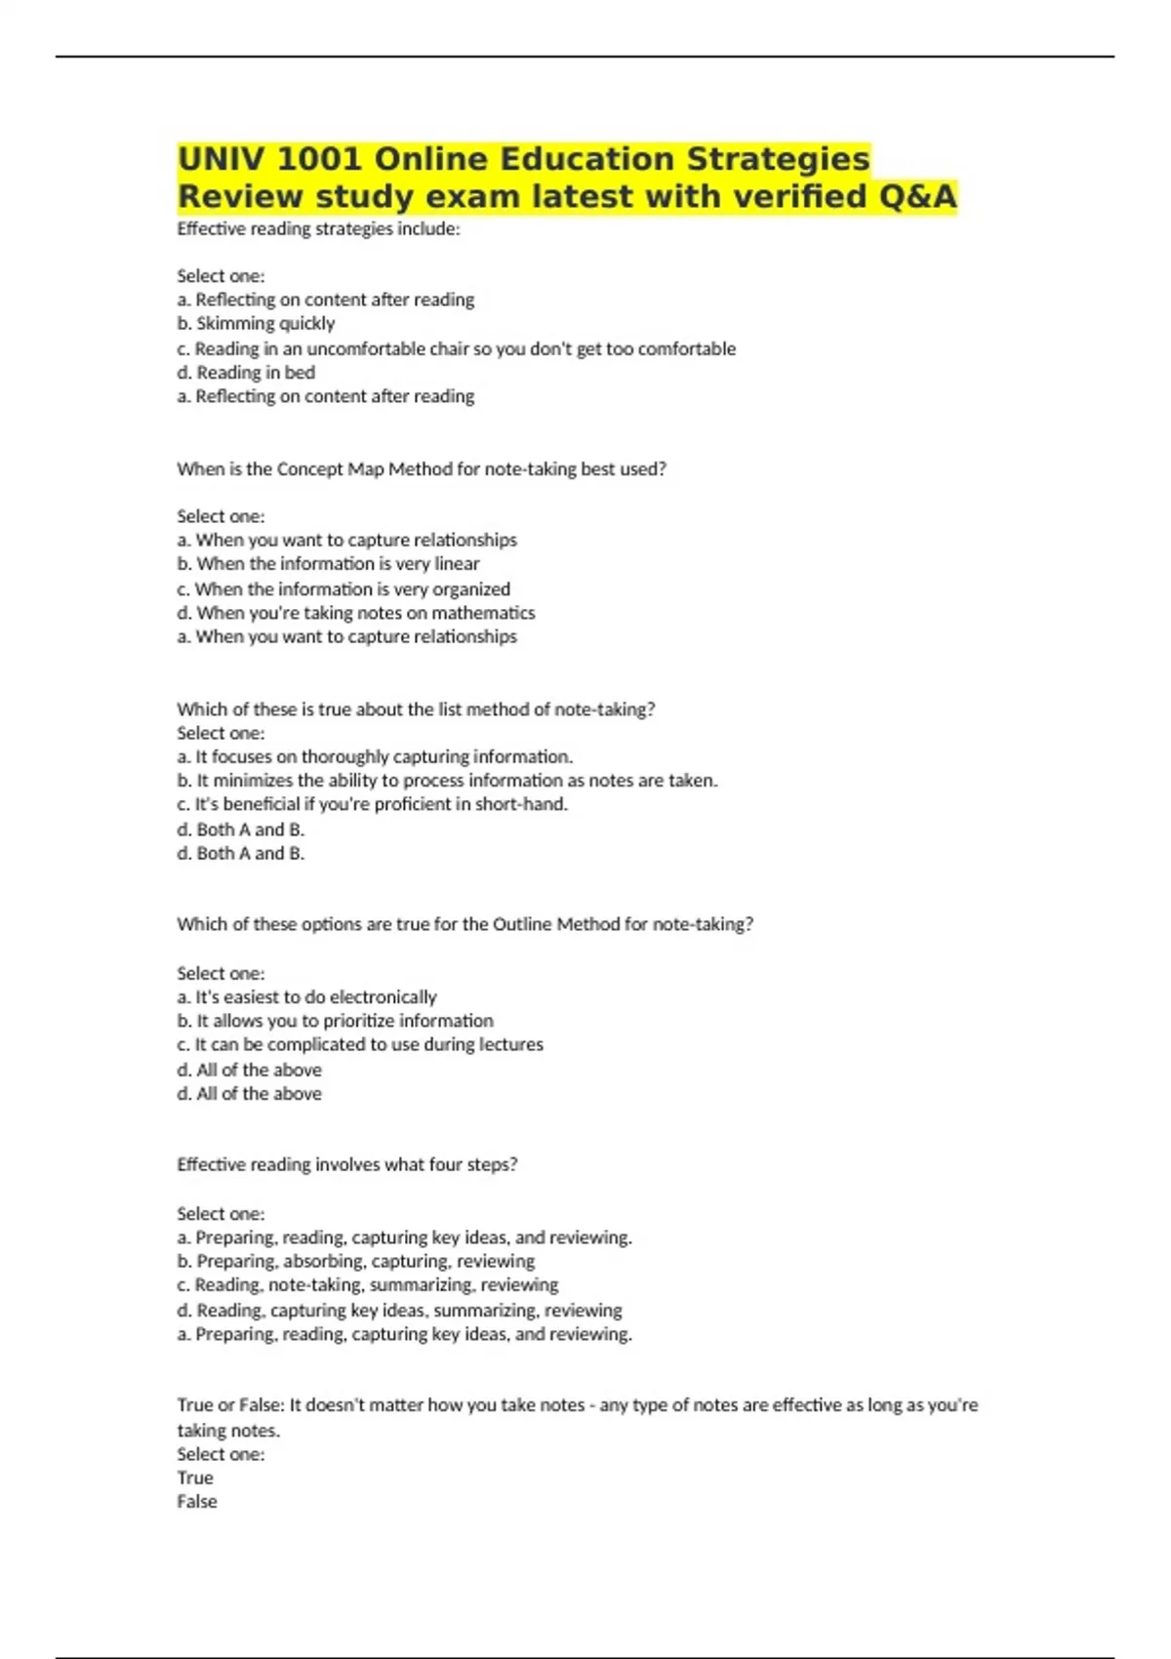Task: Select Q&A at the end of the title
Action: tap(917, 196)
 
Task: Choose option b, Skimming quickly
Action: tap(256, 323)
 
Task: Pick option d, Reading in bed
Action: tap(246, 372)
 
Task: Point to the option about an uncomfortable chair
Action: tap(456, 348)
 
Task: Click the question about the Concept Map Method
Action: tap(422, 468)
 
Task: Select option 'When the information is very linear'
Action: tap(328, 563)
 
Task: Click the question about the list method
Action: tap(416, 709)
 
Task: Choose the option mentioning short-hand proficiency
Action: tap(372, 804)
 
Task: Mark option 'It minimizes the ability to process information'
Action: tap(447, 780)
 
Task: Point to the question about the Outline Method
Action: tap(464, 924)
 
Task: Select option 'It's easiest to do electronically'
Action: tap(306, 996)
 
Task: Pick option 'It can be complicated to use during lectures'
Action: tap(360, 1044)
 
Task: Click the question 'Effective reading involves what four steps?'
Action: tap(346, 1164)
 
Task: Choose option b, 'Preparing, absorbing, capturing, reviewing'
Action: tap(355, 1261)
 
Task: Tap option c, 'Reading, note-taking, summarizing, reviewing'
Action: tap(367, 1285)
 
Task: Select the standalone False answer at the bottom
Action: tap(197, 1502)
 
